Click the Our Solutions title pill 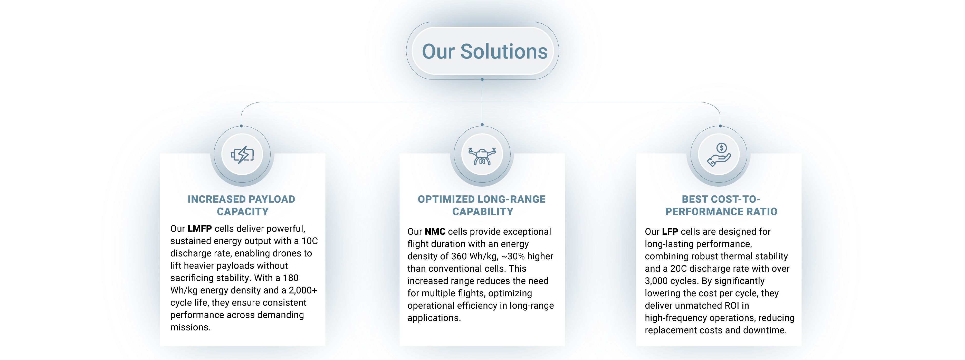(x=483, y=51)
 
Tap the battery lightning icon (x=242, y=154)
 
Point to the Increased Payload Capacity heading (x=242, y=205)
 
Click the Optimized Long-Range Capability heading (x=482, y=205)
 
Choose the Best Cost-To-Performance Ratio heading (x=721, y=205)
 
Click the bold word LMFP (x=200, y=229)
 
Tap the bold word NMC (x=435, y=232)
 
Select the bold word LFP (x=670, y=232)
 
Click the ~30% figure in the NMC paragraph (x=513, y=256)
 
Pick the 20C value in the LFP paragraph (x=679, y=269)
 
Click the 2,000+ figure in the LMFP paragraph (x=303, y=290)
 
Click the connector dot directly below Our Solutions (x=482, y=79)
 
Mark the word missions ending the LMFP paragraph (x=190, y=327)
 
